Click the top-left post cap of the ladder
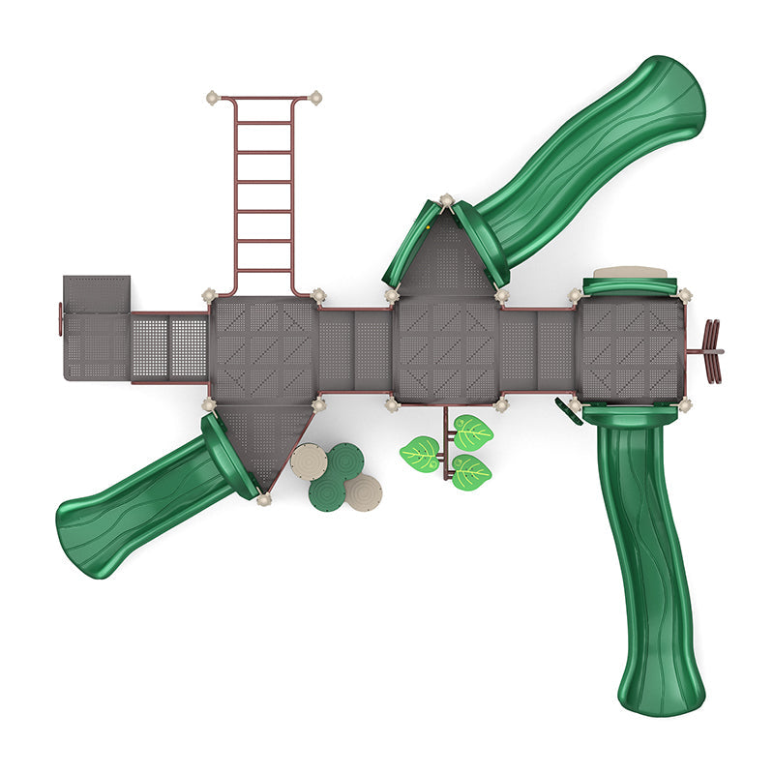click(x=213, y=98)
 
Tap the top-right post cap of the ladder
click(x=314, y=98)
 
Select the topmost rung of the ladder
click(x=264, y=123)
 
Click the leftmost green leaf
click(x=420, y=453)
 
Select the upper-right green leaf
click(x=473, y=432)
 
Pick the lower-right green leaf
click(x=471, y=471)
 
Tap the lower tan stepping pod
click(x=363, y=491)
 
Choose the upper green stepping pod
click(x=344, y=461)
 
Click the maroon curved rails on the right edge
click(x=712, y=350)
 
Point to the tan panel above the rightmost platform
click(x=630, y=273)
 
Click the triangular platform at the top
click(x=445, y=256)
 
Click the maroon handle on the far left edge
click(x=60, y=319)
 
